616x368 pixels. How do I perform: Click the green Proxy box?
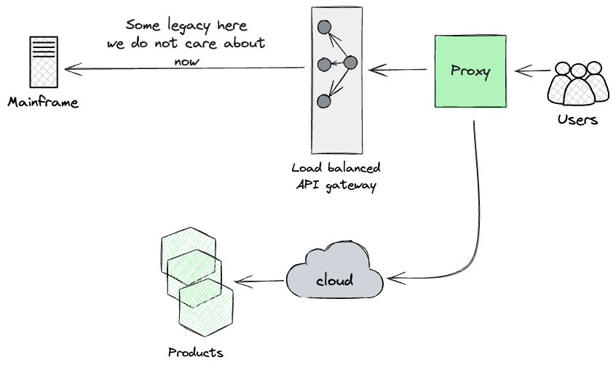coord(470,71)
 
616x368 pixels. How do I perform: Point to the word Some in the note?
coord(141,25)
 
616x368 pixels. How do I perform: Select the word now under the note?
coord(187,60)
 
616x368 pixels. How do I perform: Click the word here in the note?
coord(232,26)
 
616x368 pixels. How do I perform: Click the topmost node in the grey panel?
coord(325,28)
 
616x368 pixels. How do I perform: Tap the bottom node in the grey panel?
coord(325,101)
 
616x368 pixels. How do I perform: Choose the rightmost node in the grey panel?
coord(350,63)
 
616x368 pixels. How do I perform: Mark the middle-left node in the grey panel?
coord(325,65)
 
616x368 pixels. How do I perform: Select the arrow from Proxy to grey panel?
coord(398,70)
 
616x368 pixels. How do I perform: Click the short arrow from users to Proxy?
coord(532,71)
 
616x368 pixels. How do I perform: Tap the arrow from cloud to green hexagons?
coord(259,281)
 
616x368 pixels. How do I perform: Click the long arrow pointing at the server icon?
coord(182,69)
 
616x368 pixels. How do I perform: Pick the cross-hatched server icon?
coord(44,62)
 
